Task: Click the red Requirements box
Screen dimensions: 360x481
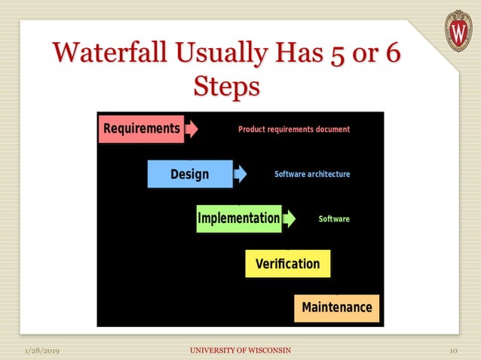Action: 141,128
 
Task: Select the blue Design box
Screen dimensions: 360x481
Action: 189,174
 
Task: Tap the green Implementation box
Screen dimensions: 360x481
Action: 238,218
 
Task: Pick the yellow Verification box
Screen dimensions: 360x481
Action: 287,264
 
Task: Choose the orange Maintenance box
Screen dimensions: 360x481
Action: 336,307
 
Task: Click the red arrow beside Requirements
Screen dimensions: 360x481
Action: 192,128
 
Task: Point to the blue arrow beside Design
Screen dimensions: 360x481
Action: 240,174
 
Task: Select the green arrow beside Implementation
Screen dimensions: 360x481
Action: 290,218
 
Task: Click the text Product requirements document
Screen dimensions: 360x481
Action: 294,130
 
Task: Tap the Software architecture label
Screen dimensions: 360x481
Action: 312,174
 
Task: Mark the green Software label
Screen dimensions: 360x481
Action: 334,219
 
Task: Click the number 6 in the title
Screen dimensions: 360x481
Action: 391,54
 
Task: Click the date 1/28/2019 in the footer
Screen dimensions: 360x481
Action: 42,351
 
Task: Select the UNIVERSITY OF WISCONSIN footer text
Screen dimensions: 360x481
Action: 240,351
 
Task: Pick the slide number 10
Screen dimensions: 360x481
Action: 454,351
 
